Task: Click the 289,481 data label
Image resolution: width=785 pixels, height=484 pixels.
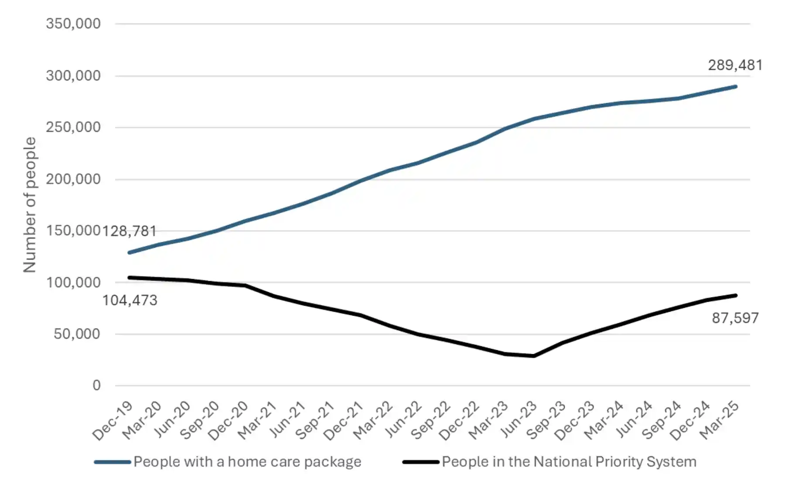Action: point(735,65)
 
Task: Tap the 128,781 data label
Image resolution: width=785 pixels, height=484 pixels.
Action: point(129,231)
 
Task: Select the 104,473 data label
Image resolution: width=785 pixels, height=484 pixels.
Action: point(130,300)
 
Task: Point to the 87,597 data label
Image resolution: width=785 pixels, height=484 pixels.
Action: point(735,318)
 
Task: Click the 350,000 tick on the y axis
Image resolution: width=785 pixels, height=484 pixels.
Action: point(73,24)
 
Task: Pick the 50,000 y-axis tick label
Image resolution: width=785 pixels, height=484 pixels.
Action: point(77,334)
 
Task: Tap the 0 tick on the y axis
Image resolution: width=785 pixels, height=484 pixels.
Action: point(96,385)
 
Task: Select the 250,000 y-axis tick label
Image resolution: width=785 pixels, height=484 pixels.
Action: point(73,127)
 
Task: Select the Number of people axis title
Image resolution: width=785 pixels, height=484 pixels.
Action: point(30,205)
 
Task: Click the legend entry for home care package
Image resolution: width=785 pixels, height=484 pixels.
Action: point(247,462)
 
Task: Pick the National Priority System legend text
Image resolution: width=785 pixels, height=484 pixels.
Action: point(569,462)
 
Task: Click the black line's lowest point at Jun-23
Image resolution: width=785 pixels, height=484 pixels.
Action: point(533,356)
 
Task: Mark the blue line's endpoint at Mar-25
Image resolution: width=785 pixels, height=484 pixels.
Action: point(736,87)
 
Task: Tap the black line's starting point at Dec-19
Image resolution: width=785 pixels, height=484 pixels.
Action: point(129,277)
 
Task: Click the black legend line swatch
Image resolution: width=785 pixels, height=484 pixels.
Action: point(420,462)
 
